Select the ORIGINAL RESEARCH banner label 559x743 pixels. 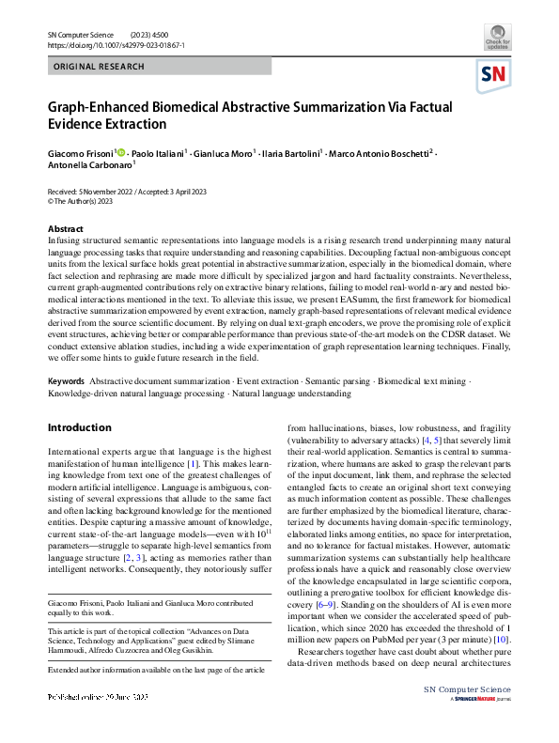coord(100,67)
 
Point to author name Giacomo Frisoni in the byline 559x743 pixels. coord(80,152)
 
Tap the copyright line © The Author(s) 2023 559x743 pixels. coord(82,200)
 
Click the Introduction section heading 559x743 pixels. coord(79,427)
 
